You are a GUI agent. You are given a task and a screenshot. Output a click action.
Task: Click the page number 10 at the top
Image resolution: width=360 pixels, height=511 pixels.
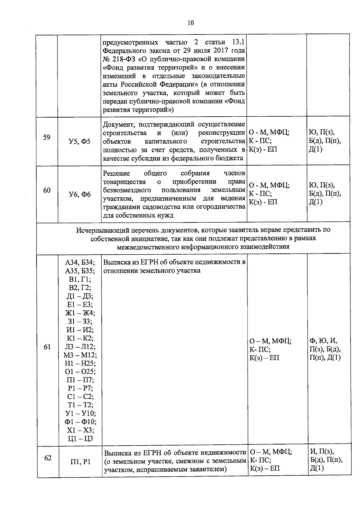click(190, 23)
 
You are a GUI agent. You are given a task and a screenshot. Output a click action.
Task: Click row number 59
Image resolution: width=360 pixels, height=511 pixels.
click(46, 137)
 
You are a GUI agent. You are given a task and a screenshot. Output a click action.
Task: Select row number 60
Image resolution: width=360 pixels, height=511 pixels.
click(46, 190)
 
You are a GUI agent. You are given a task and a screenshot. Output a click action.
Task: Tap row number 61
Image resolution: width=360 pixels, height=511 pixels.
click(47, 347)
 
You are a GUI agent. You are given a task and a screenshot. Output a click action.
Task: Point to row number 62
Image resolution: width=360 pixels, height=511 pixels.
click(48, 458)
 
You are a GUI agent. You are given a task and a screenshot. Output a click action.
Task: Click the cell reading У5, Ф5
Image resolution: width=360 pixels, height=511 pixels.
click(79, 142)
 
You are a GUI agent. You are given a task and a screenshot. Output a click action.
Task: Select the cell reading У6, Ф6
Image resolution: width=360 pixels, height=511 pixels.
click(79, 195)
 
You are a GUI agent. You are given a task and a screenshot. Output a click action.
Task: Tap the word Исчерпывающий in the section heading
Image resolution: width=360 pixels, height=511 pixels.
click(102, 230)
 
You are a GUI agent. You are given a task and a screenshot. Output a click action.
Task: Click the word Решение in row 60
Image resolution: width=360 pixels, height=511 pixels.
click(117, 174)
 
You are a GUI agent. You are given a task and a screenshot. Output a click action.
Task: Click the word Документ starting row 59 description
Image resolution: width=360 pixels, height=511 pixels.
click(117, 124)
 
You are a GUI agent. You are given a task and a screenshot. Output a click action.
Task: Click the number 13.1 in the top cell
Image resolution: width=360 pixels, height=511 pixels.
click(238, 42)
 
